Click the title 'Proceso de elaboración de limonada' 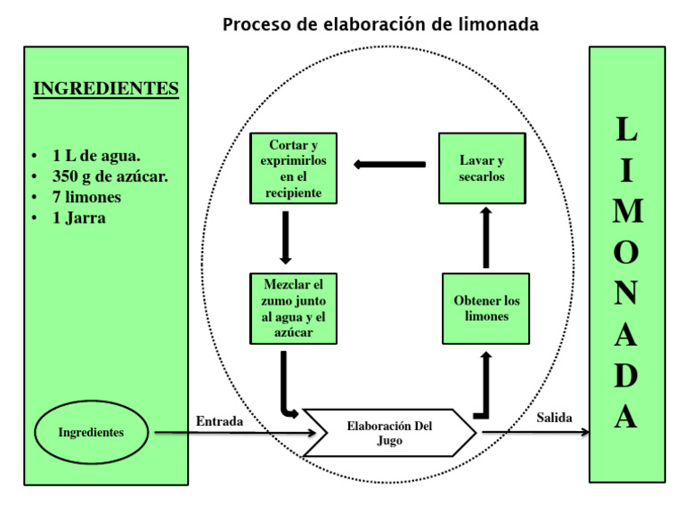click(380, 25)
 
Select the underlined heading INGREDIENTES click(106, 89)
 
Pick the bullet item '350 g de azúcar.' click(110, 176)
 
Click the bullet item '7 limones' click(86, 197)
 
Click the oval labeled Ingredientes click(91, 433)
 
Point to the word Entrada click(219, 421)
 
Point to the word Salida click(554, 418)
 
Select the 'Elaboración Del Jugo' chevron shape click(390, 433)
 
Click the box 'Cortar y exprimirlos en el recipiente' click(293, 169)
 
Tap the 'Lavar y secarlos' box click(482, 168)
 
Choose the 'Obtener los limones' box click(486, 308)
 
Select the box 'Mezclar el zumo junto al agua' click(293, 309)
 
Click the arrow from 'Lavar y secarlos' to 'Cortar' click(389, 164)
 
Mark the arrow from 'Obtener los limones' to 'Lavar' click(485, 238)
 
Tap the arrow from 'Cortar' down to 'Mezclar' click(285, 238)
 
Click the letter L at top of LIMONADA click(627, 131)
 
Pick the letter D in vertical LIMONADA click(626, 376)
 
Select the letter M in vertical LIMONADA click(627, 212)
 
